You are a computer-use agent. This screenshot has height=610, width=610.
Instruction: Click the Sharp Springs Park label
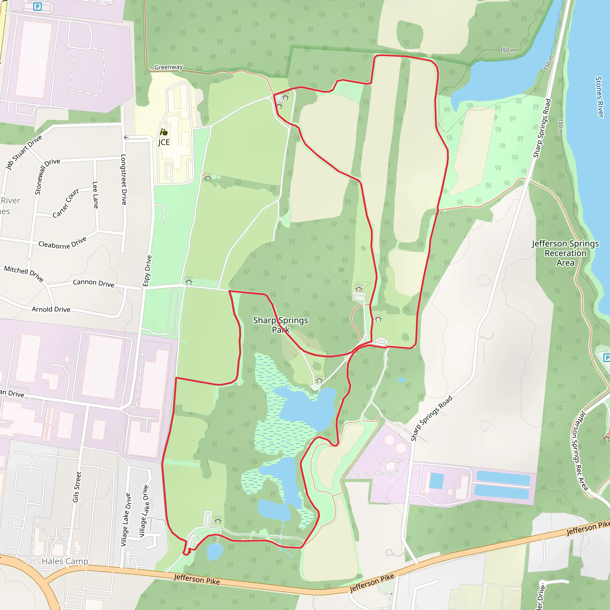coord(280,325)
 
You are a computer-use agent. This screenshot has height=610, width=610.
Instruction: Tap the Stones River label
coord(599,97)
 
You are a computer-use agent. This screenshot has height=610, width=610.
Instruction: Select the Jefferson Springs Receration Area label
coord(565,253)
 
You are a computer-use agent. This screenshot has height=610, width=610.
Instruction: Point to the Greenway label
coord(168,67)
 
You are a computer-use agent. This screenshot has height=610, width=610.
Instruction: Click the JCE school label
coord(164,142)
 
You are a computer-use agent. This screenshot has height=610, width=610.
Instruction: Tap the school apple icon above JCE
coord(164,132)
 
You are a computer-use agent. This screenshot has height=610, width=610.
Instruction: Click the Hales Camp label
coord(65,561)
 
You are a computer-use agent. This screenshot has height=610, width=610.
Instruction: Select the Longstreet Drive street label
coord(124,179)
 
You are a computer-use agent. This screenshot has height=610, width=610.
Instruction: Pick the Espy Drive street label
coord(147,271)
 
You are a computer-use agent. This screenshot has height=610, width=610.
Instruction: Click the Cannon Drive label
coord(94,283)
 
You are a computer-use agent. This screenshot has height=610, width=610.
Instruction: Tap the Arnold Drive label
coord(51,309)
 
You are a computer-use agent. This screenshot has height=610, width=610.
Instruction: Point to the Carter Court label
coord(66,203)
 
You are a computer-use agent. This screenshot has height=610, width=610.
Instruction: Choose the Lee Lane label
coord(95,195)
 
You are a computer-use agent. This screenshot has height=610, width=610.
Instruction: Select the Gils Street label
coord(77,487)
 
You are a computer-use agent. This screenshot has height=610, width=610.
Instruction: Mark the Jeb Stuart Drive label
coord(24,152)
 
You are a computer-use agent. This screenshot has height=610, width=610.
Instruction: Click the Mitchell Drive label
coord(24,273)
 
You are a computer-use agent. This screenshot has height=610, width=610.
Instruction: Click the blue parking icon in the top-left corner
coord(38,6)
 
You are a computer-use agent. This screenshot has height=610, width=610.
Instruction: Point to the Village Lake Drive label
coord(126,519)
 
